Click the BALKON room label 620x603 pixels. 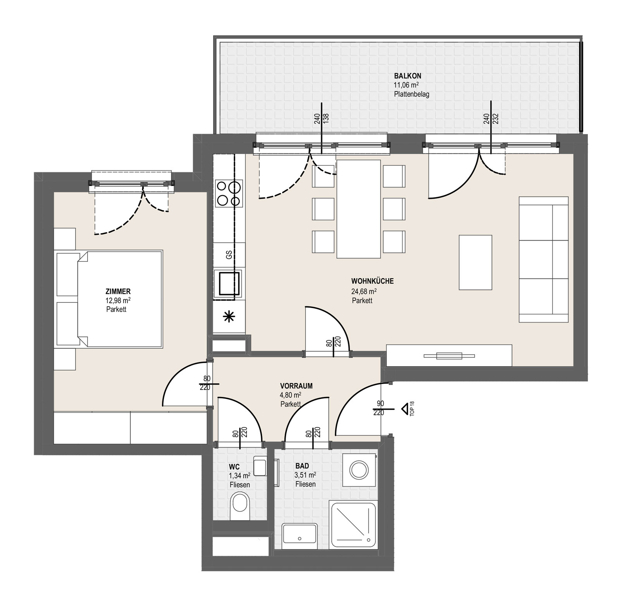(x=407, y=76)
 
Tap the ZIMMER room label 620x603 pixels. (x=118, y=291)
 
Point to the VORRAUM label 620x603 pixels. (x=296, y=386)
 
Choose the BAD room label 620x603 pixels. (x=302, y=466)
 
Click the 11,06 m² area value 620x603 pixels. (x=406, y=85)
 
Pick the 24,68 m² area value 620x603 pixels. (x=364, y=291)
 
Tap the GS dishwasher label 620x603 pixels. (x=229, y=255)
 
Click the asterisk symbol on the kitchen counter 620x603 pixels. (x=229, y=317)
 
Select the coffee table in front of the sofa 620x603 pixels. (x=475, y=262)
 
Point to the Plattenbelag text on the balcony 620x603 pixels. (x=412, y=94)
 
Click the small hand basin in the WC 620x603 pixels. (x=260, y=466)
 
